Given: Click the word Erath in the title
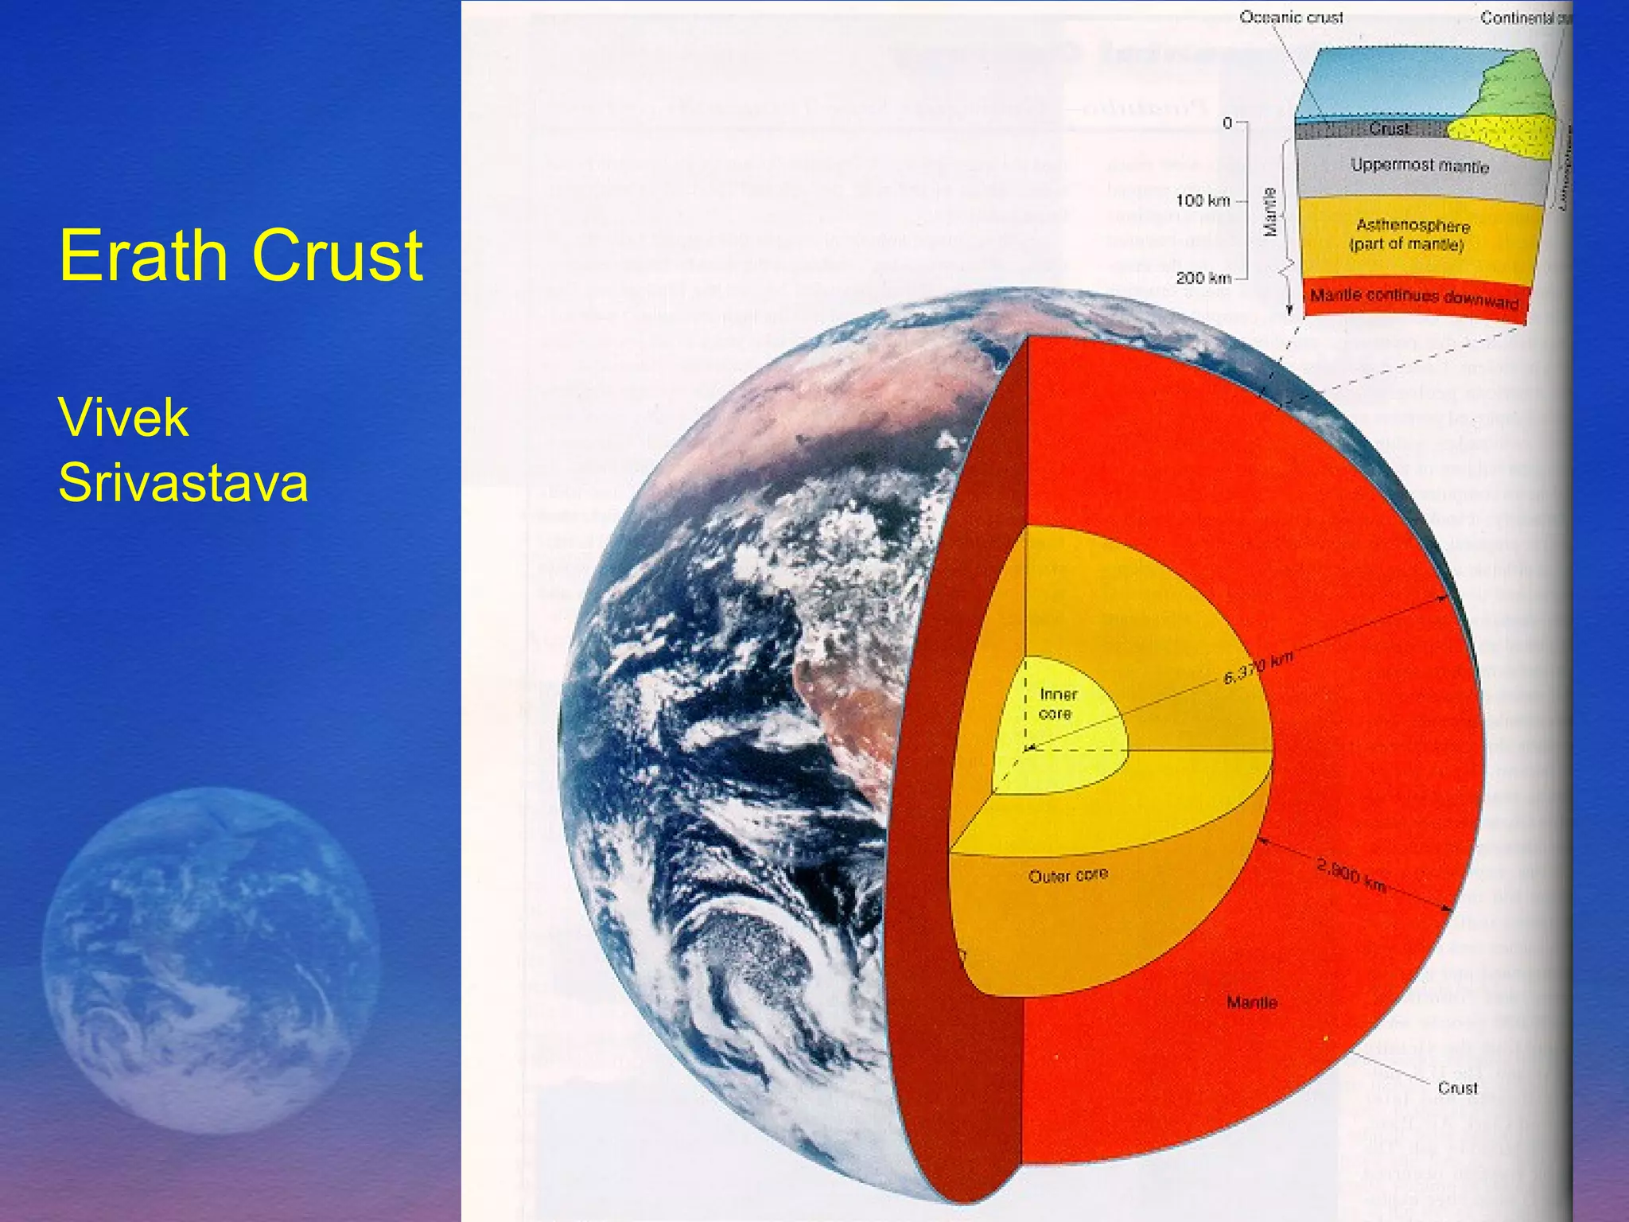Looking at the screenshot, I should click(143, 256).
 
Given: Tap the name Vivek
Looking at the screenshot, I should click(123, 418).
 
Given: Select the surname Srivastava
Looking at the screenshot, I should click(183, 482).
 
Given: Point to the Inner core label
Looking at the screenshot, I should click(1058, 704).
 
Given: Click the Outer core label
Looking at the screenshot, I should click(1067, 876).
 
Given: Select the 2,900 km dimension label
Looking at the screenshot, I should click(1351, 874).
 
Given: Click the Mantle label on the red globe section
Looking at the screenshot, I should click(1252, 1002).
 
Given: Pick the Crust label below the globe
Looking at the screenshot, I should click(1457, 1088).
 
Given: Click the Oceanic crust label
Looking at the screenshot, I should click(1291, 18).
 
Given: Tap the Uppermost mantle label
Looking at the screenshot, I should click(1420, 165).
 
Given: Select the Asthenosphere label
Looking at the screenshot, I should click(1413, 227).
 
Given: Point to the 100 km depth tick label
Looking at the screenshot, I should click(1203, 200).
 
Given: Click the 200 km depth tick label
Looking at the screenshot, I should click(1203, 278).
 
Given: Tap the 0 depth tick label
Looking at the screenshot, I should click(1227, 123).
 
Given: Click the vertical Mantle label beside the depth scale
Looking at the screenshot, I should click(1270, 212).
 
